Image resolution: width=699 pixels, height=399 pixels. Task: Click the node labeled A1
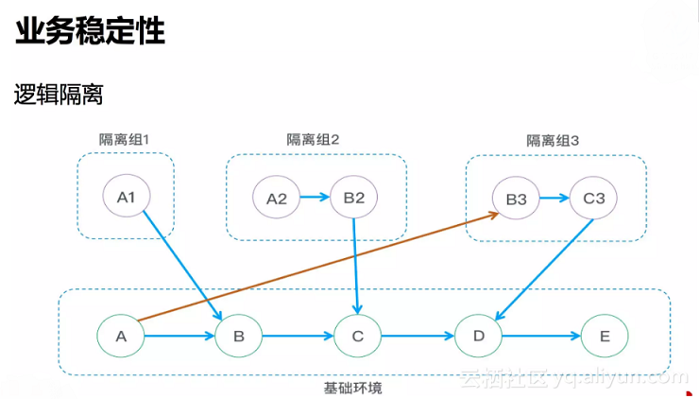[x=127, y=198]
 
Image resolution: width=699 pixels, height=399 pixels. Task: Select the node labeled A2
[x=277, y=199]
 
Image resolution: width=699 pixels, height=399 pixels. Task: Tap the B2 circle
[x=354, y=198]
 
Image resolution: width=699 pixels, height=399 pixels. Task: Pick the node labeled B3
[x=516, y=199]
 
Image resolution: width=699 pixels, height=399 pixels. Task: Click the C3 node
[x=594, y=199]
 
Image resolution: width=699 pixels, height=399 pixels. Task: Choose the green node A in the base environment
[x=121, y=335]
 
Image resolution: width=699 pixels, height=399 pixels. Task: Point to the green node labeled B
[x=239, y=335]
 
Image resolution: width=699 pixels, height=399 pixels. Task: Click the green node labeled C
[x=357, y=335]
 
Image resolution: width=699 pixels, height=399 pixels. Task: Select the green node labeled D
[x=478, y=335]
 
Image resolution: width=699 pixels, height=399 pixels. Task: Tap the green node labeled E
[x=605, y=335]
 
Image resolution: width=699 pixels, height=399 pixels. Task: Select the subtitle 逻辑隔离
[x=58, y=95]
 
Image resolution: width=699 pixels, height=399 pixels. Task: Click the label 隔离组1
[x=125, y=139]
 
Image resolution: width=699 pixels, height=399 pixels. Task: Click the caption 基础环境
[x=352, y=388]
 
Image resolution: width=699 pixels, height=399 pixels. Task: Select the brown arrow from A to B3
[x=312, y=269]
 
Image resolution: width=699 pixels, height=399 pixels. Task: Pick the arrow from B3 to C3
[x=555, y=199]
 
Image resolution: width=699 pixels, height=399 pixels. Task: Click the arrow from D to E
[x=540, y=335]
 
